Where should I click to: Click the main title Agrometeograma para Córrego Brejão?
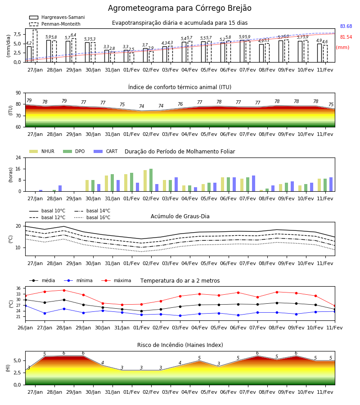[180, 8]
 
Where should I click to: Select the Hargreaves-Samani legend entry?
[57, 17]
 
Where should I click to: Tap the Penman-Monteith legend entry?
[55, 24]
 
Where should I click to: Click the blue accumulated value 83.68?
[346, 27]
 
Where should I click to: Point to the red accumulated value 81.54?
[346, 37]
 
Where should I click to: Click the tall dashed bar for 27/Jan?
[35, 46]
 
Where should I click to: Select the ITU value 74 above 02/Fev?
[141, 106]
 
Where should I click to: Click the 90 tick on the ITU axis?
[18, 93]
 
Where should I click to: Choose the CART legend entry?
[106, 151]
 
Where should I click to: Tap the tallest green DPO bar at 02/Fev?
[151, 180]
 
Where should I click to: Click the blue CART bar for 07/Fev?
[254, 184]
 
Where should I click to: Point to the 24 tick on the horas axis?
[18, 157]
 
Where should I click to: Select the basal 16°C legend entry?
[92, 217]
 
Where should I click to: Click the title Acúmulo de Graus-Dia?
[180, 216]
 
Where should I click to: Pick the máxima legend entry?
[116, 280]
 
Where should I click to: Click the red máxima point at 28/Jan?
[64, 290]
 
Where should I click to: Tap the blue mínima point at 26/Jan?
[25, 306]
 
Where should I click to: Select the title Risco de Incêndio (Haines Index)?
[180, 345]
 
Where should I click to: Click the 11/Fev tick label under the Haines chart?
[325, 392]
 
